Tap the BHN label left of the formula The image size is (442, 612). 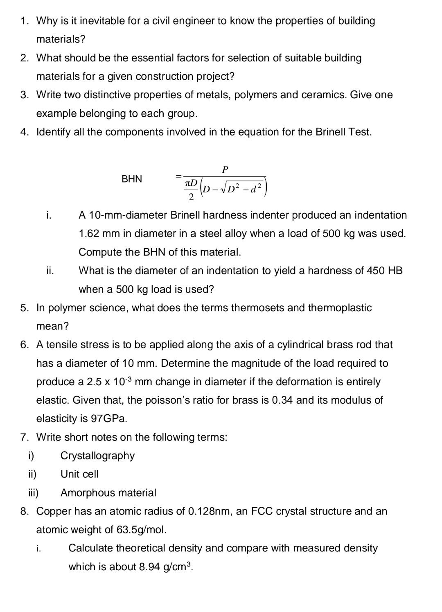tap(132, 179)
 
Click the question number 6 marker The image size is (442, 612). tap(25, 345)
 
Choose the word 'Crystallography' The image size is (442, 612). tap(97, 456)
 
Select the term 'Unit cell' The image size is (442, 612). tap(79, 474)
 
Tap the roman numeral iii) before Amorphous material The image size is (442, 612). tap(33, 492)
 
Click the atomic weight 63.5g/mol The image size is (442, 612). tap(141, 530)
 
